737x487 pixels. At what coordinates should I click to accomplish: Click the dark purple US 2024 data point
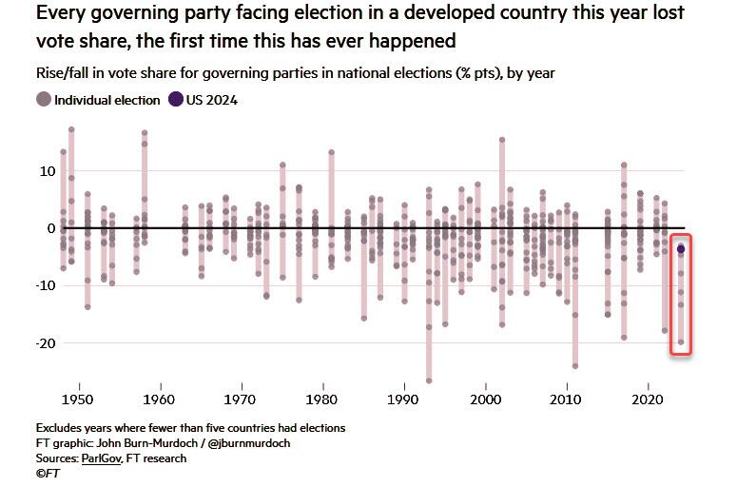681,249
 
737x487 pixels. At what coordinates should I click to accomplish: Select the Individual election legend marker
43,100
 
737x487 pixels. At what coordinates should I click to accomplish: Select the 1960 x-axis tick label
161,398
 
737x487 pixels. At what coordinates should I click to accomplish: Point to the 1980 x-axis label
323,398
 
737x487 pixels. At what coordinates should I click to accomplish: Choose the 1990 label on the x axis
404,398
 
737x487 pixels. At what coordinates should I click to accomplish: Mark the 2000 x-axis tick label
486,398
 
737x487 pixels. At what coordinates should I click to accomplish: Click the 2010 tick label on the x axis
567,398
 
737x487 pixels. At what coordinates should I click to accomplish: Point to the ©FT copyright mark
48,474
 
